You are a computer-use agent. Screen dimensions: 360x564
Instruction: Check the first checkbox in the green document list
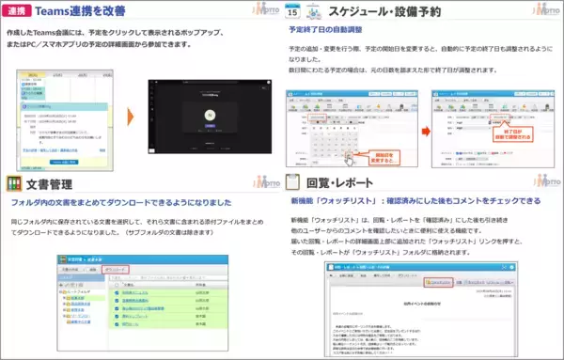coord(118,293)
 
